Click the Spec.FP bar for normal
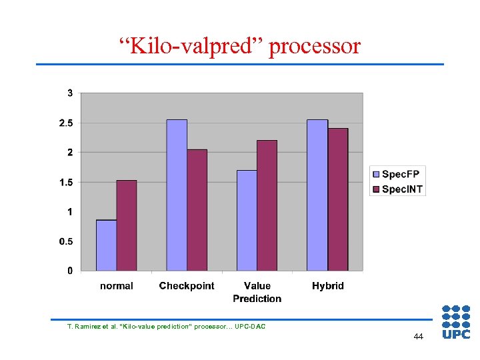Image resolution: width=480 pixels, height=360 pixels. (106, 245)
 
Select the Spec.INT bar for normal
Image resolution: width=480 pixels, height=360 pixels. (127, 225)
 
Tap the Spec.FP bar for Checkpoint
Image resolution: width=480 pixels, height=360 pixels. (177, 195)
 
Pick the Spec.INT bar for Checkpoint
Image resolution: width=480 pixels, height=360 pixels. (197, 210)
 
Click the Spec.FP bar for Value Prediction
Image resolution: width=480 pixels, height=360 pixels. (247, 220)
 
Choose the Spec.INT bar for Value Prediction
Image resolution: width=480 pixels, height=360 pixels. (267, 205)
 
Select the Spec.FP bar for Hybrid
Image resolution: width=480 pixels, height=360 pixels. (317, 195)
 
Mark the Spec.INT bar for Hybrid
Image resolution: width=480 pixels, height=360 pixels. (338, 199)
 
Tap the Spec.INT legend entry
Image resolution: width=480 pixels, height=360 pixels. (397, 189)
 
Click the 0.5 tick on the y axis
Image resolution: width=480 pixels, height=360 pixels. (66, 241)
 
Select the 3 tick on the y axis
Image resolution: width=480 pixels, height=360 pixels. (70, 93)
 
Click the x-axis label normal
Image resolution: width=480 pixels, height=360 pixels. (117, 286)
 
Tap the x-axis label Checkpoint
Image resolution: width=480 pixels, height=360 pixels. (187, 286)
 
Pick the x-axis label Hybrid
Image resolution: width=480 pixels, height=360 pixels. (328, 286)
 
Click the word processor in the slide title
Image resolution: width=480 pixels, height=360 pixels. (315, 46)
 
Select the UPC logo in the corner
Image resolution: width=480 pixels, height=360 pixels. (456, 322)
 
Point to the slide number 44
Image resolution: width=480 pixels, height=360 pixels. (418, 337)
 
